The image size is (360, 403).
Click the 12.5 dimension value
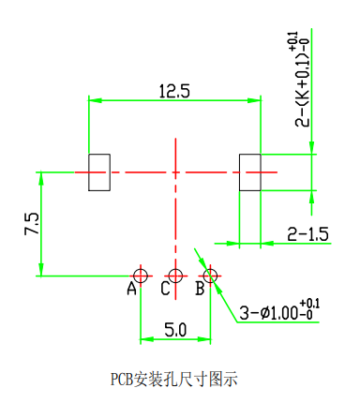(x=174, y=91)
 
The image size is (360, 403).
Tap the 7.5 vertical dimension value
(x=32, y=224)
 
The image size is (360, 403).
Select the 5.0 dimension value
(x=175, y=329)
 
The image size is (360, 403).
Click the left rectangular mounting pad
(x=98, y=172)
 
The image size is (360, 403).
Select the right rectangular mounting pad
(x=250, y=172)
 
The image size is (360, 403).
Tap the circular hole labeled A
(x=141, y=276)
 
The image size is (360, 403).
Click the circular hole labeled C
(x=175, y=276)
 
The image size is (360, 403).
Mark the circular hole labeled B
(x=210, y=276)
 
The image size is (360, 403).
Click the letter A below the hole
(x=132, y=289)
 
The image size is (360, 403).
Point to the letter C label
(x=165, y=289)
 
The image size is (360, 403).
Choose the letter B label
(x=200, y=289)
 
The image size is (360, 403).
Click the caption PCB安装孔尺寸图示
(x=174, y=380)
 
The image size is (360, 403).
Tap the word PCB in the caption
(x=122, y=380)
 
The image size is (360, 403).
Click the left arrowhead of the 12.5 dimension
(x=93, y=99)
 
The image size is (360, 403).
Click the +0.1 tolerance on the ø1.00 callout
(x=310, y=303)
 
